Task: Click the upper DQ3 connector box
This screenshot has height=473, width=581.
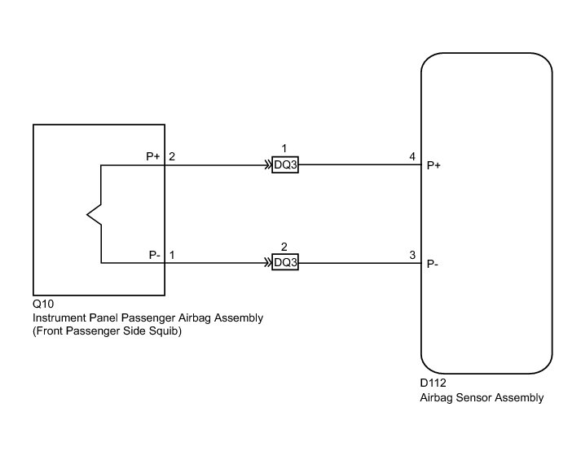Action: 285,165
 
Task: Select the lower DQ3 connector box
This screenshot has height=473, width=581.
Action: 285,263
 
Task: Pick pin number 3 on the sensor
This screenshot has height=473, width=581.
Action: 412,255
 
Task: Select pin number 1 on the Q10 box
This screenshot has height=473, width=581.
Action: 173,255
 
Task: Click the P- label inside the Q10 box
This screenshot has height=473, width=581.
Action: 154,255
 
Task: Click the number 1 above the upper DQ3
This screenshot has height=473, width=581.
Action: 284,148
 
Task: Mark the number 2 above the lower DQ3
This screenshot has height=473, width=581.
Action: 284,246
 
